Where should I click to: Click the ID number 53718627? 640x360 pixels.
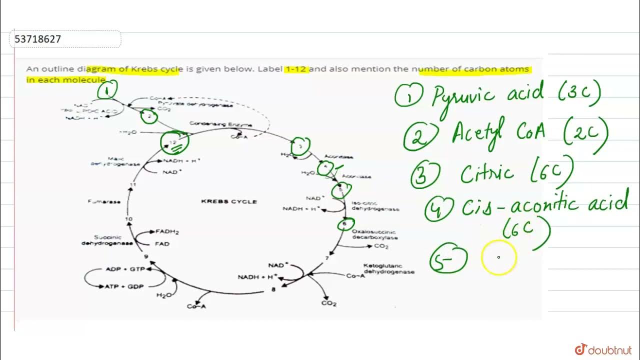point(38,39)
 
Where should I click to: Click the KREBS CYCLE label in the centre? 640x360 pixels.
point(229,201)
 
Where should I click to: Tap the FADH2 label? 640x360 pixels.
point(167,232)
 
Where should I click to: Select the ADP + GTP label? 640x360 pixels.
point(125,269)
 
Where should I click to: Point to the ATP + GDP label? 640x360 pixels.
point(124,286)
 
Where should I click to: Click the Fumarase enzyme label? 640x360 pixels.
point(104,201)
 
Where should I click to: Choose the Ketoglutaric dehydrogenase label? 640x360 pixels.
point(389,268)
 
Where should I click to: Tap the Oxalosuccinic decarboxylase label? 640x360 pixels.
point(374,234)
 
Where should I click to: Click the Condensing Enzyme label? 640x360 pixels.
point(220,124)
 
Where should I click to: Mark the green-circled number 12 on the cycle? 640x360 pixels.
point(174,142)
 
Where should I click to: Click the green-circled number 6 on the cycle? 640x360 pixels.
point(344,224)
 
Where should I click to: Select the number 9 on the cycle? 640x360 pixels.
point(146,257)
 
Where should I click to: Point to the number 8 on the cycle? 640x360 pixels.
point(273,289)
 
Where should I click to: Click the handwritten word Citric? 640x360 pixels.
point(487,173)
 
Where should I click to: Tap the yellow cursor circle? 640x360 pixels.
point(498,257)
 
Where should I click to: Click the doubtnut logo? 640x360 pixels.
point(603,349)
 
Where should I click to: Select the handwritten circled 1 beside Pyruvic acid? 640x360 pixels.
point(409,96)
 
